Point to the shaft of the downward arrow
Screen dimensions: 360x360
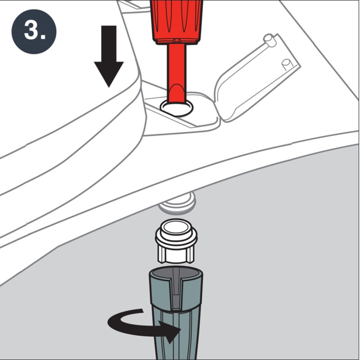pyautogui.click(x=108, y=43)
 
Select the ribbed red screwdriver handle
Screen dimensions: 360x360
pyautogui.click(x=176, y=20)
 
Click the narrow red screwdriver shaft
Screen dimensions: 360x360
pyautogui.click(x=176, y=72)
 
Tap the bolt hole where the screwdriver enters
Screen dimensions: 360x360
pyautogui.click(x=176, y=108)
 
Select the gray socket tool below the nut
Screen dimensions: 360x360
pyautogui.click(x=176, y=315)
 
